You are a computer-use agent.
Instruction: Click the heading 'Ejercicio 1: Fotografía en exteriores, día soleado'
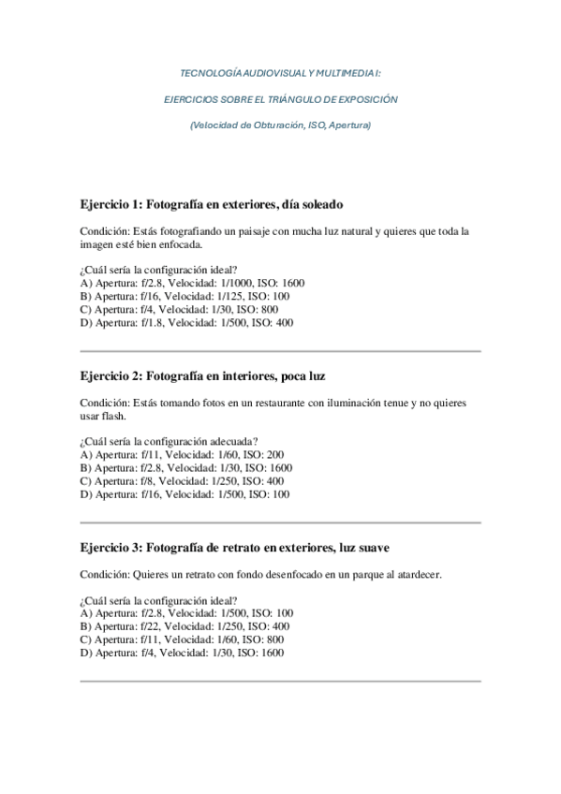click(x=212, y=203)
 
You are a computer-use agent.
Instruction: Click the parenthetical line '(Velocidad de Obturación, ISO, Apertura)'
click(x=280, y=125)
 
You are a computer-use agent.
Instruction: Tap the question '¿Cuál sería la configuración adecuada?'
click(x=170, y=441)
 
